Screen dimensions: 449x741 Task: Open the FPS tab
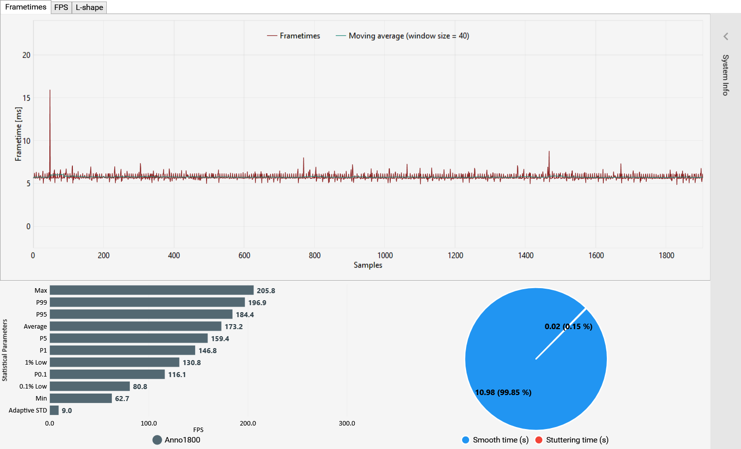(61, 7)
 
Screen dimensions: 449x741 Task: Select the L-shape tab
(89, 7)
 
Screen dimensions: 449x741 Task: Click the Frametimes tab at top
(25, 7)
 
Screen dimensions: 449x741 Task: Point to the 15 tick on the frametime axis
(26, 98)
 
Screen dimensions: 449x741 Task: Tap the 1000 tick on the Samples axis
(385, 255)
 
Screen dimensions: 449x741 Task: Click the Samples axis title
(368, 265)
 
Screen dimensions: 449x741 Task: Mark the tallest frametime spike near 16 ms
(50, 91)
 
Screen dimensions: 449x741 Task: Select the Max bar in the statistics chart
(152, 290)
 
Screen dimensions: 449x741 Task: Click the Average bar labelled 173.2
(135, 326)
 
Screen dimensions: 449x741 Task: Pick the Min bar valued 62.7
(81, 398)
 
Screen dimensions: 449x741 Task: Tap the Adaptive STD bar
(54, 410)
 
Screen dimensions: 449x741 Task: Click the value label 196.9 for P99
(257, 303)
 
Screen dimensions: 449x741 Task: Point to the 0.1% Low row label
(33, 387)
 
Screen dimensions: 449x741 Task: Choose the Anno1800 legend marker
(157, 440)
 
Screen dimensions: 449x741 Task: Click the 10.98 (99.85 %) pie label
(503, 393)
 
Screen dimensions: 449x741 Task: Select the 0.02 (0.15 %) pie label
(568, 327)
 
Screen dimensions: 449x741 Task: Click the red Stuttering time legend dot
(539, 440)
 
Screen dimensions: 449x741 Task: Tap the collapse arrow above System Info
(726, 36)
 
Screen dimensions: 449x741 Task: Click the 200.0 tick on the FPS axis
(247, 424)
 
